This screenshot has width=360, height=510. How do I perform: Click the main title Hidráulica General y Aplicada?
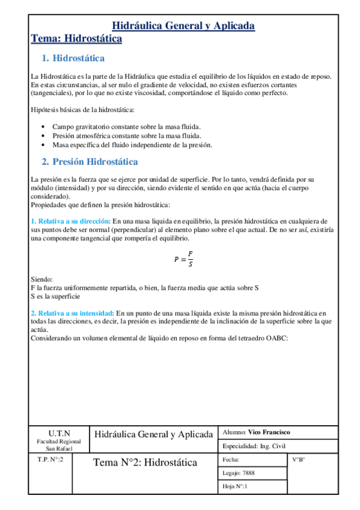coord(184,26)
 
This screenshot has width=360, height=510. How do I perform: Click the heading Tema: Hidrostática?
coord(76,39)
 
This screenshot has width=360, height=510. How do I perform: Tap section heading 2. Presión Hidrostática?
coord(90,162)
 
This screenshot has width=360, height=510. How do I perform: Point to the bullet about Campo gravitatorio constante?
coord(126,127)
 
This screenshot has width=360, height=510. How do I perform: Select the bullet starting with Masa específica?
coord(132,145)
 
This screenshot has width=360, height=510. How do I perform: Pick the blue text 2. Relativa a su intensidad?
coord(72,313)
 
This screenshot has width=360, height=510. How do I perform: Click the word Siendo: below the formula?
coord(41,280)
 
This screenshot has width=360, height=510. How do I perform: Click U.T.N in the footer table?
coord(59,433)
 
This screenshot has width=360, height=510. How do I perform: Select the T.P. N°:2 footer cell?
coord(51,459)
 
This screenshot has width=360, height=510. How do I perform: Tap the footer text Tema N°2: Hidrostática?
coord(145,463)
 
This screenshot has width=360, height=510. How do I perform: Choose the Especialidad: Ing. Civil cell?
coord(254,446)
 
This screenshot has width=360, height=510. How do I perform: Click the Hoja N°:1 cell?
coord(235,486)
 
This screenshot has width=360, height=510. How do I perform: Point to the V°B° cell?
coord(299,460)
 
